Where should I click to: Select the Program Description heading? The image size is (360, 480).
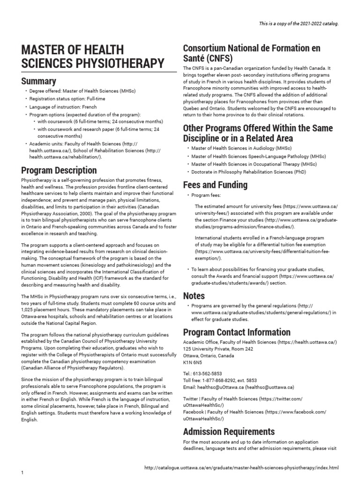[59, 170]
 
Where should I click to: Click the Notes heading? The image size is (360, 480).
[194, 295]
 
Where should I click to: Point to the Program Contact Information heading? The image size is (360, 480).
[236, 332]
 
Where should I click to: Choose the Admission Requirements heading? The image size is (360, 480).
[229, 431]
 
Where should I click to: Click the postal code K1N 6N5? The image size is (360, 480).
[193, 362]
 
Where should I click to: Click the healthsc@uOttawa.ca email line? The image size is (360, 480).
[238, 387]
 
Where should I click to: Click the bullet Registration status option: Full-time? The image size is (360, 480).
[68, 99]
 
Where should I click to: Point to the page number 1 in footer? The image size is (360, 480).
[22, 473]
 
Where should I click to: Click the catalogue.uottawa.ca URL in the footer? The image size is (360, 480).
[241, 468]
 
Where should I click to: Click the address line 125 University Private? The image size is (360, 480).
[218, 349]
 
